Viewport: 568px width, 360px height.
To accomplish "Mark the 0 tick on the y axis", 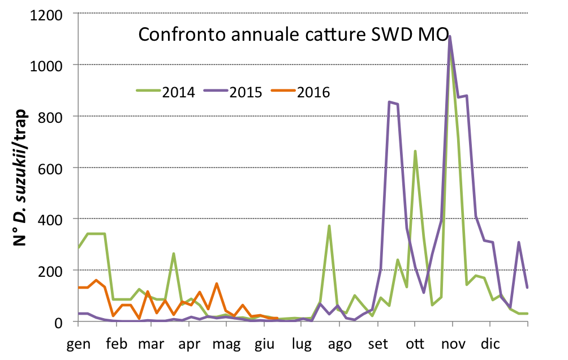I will click(x=66, y=322).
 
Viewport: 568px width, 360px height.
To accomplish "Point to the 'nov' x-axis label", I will click(x=453, y=344).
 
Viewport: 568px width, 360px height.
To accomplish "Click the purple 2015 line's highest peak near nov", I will click(x=450, y=36).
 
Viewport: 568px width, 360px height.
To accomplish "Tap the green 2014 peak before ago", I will click(x=329, y=226).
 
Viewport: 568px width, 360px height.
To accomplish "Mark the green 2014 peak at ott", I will click(x=415, y=151).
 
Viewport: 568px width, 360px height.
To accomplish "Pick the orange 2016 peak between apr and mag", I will click(x=217, y=284).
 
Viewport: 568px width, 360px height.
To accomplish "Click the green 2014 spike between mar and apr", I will click(x=174, y=254).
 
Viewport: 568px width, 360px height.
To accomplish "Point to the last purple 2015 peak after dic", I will click(x=519, y=242).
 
